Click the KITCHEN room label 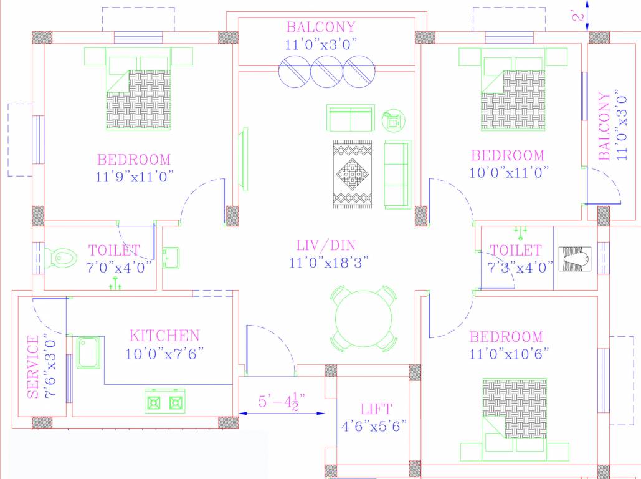point(164,336)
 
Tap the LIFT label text point(376,409)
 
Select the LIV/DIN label point(330,244)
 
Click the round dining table point(364,317)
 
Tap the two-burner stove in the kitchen point(166,401)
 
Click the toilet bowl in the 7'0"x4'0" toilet point(60,257)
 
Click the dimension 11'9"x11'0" point(134,177)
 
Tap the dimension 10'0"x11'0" point(508,173)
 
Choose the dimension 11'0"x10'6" point(506,354)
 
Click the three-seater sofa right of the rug point(397,174)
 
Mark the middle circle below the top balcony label point(327,71)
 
